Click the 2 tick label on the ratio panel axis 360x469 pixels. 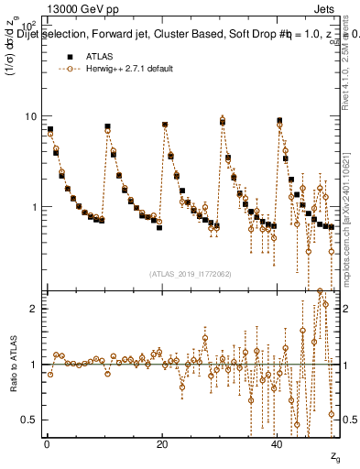pyautogui.click(x=33, y=309)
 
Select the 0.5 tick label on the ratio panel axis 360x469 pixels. pyautogui.click(x=28, y=420)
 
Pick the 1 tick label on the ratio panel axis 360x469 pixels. pyautogui.click(x=33, y=365)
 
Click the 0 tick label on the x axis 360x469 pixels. pyautogui.click(x=46, y=444)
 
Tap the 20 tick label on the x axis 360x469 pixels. pyautogui.click(x=162, y=444)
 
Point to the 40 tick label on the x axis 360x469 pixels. pyautogui.click(x=278, y=444)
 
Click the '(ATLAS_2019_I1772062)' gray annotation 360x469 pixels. pyautogui.click(x=190, y=273)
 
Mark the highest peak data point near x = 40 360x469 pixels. pyautogui.click(x=279, y=121)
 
